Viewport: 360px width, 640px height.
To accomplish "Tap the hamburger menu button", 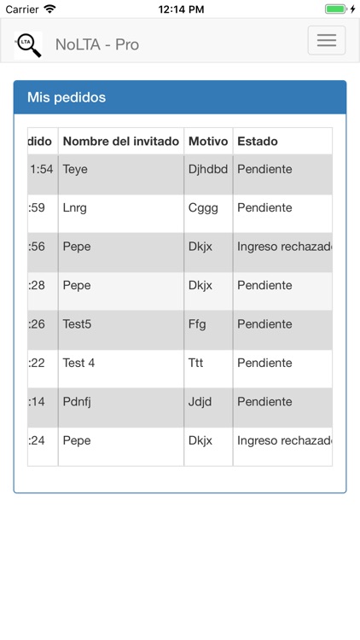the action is [x=326, y=41].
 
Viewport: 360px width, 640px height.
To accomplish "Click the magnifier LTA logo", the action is [x=28, y=44].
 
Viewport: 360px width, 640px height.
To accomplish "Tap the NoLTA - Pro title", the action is [x=97, y=44].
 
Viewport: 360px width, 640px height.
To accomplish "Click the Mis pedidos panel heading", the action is [x=67, y=97].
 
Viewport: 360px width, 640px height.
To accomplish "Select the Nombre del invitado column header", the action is [x=121, y=141].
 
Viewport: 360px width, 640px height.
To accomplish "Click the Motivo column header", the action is [x=208, y=141].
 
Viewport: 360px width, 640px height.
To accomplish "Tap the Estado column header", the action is [x=258, y=141].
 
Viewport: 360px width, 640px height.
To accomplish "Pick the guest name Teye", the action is [x=75, y=169].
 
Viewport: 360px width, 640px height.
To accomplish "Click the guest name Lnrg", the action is [x=74, y=207].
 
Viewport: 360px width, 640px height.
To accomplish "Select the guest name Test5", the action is [x=77, y=324].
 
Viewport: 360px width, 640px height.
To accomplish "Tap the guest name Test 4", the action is [x=78, y=363].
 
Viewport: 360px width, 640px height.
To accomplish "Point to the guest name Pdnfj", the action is [x=77, y=402].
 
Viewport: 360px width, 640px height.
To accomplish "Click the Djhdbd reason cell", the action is [x=208, y=169].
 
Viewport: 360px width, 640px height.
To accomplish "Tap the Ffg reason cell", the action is [x=197, y=324].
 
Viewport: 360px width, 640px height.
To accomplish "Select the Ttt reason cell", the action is [x=196, y=363].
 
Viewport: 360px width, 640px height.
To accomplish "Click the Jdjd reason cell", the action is [x=200, y=402].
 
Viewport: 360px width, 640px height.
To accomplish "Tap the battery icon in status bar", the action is [x=336, y=9].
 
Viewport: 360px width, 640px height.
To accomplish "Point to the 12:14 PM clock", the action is [x=181, y=9].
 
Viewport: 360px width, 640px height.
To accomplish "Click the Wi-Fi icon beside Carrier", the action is [x=50, y=9].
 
